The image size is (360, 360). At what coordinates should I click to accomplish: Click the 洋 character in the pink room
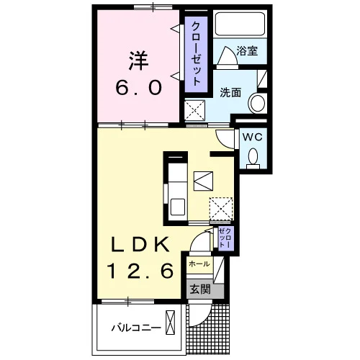click(139, 60)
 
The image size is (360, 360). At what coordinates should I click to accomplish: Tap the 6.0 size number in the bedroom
click(139, 88)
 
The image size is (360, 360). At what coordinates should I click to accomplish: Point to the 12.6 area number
click(140, 271)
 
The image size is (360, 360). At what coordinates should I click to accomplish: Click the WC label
click(252, 138)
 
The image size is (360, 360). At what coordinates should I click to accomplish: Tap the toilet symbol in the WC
click(253, 158)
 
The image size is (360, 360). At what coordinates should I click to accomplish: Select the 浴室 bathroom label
click(247, 50)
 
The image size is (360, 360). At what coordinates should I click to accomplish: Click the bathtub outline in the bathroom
click(240, 24)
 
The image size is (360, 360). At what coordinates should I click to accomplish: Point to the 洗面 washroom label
click(230, 92)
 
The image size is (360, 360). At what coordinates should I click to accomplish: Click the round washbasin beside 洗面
click(258, 104)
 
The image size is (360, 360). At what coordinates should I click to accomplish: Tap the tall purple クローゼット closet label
click(197, 54)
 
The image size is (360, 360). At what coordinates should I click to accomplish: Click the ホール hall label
click(199, 264)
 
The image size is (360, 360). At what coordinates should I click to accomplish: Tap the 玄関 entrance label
click(200, 289)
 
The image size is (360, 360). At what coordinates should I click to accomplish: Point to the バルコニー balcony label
click(136, 328)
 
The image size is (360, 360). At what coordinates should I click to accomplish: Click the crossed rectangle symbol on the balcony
click(170, 323)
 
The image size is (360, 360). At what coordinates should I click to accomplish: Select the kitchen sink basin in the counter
click(178, 207)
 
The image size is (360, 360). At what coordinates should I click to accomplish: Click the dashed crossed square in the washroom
click(194, 111)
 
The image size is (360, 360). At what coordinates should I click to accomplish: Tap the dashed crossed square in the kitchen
click(221, 209)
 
